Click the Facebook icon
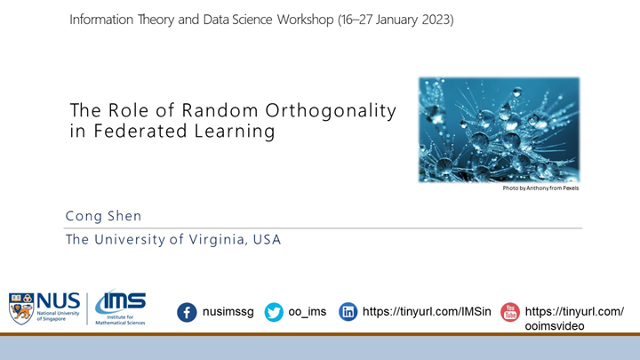click(187, 312)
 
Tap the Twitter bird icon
click(274, 312)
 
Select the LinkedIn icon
click(349, 312)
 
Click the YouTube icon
click(510, 312)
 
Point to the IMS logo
click(120, 308)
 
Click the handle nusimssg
click(228, 312)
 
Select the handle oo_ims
click(308, 312)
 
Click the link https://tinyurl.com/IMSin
click(427, 312)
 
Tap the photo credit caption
click(540, 188)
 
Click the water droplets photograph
click(499, 129)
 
